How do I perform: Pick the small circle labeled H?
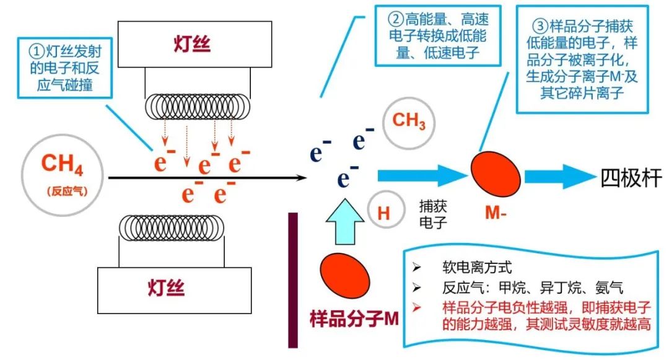(x=383, y=213)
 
